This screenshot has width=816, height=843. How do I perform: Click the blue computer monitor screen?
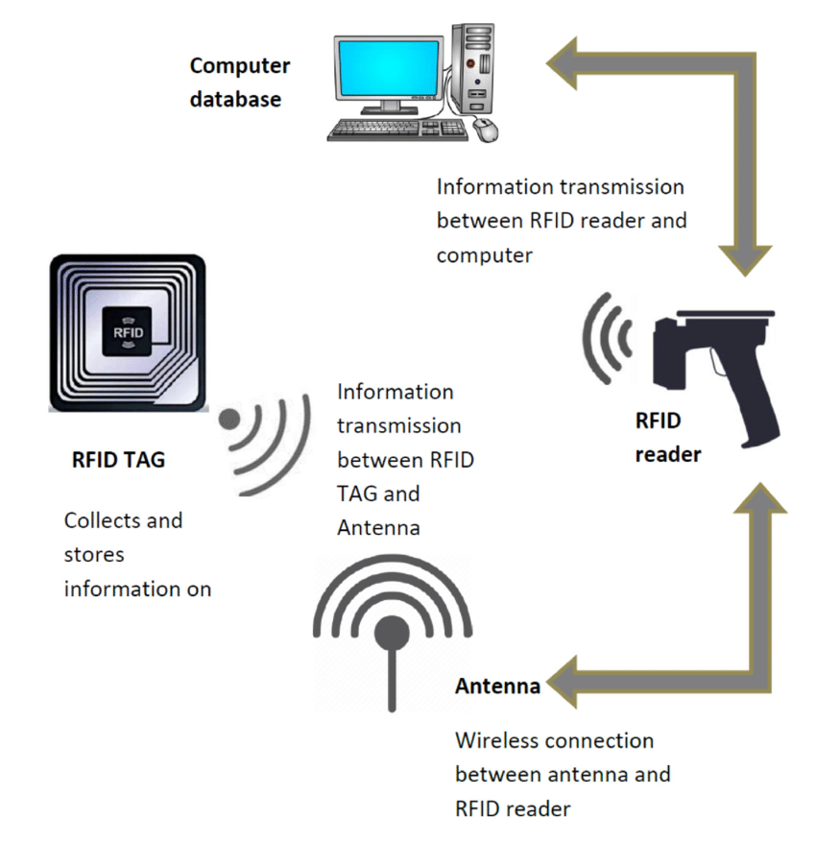coord(386,65)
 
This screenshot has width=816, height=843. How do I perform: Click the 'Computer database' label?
coord(238,82)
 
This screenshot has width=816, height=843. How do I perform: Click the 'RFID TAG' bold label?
coord(118,460)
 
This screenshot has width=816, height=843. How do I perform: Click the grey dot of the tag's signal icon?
coord(230,419)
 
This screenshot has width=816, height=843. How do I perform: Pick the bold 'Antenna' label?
coord(497,687)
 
